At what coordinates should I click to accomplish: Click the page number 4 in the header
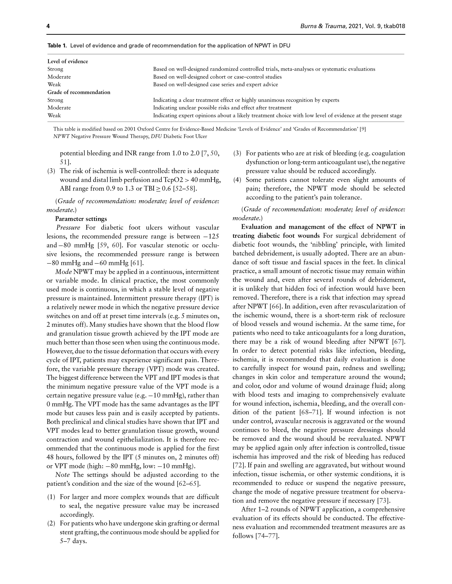click(48, 26)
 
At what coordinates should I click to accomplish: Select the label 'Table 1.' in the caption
click(57, 45)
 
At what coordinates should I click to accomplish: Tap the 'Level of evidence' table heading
click(68, 61)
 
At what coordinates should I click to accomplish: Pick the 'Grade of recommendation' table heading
click(79, 92)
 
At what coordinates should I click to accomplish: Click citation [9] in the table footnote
click(363, 129)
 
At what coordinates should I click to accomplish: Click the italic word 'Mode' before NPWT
click(63, 272)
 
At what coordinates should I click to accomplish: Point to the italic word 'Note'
click(62, 475)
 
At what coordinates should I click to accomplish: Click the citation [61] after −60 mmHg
click(137, 263)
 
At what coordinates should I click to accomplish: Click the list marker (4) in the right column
click(237, 180)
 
